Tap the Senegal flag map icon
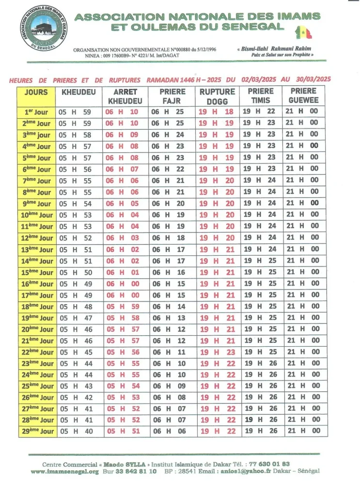tap(304, 32)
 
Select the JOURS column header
tap(36, 92)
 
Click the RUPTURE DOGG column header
tap(217, 96)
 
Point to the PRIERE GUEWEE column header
tap(303, 95)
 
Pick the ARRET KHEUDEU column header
tap(125, 96)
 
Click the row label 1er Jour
tap(36, 112)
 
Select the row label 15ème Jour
tap(36, 273)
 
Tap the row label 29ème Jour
tap(36, 431)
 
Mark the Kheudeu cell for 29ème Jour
tap(75, 431)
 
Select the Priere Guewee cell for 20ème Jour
tap(303, 329)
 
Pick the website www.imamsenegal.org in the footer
tap(64, 471)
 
